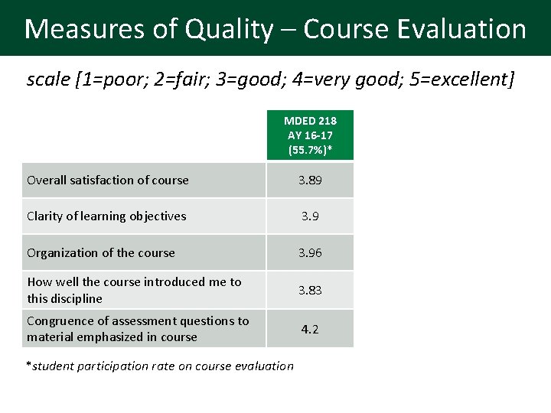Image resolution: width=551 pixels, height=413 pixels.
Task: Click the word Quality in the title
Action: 228,29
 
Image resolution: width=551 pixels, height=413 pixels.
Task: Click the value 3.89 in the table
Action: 310,180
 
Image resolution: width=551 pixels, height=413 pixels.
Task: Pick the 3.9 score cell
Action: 310,216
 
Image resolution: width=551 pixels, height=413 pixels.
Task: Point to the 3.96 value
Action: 310,252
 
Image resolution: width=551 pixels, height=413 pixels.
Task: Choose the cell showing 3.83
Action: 310,290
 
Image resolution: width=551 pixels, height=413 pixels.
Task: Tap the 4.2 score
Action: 310,329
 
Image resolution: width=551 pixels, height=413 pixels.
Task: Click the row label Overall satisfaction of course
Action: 107,180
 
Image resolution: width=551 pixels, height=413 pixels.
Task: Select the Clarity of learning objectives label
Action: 106,216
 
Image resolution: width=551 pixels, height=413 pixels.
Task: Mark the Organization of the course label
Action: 101,252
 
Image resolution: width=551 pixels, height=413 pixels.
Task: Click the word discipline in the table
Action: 77,298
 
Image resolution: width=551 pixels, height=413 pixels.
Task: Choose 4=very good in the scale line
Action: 348,79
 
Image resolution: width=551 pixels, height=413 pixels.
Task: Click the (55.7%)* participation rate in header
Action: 310,150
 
